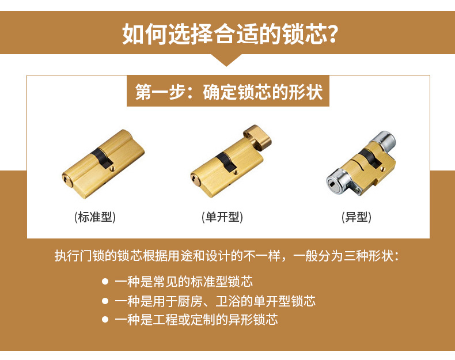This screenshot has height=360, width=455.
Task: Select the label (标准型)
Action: pos(96,217)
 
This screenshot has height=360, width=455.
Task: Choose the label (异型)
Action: pos(357,217)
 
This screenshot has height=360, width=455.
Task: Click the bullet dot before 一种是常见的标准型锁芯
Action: pos(105,282)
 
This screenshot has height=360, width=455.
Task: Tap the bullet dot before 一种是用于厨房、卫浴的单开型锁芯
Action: pos(105,301)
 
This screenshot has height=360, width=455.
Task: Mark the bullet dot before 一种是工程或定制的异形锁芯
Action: pos(105,320)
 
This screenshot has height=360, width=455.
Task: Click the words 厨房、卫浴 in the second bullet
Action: pos(205,301)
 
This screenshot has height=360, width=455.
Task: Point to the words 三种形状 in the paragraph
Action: pos(369,256)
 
